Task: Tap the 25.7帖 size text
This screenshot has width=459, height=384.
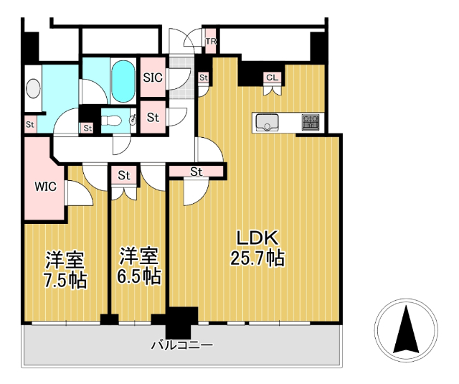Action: coord(257,258)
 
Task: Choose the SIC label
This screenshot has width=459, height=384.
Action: coord(153,77)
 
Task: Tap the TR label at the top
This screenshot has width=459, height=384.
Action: coord(211,42)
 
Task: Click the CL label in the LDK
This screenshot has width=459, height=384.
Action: coord(272,77)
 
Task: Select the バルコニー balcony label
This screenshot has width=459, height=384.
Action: coord(181,345)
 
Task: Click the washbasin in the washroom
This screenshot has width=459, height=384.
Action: coord(33,88)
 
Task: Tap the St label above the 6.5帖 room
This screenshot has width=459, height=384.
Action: coord(124,174)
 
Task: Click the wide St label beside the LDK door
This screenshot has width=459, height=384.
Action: coord(197,172)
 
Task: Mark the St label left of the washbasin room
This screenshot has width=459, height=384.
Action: coord(30,124)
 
